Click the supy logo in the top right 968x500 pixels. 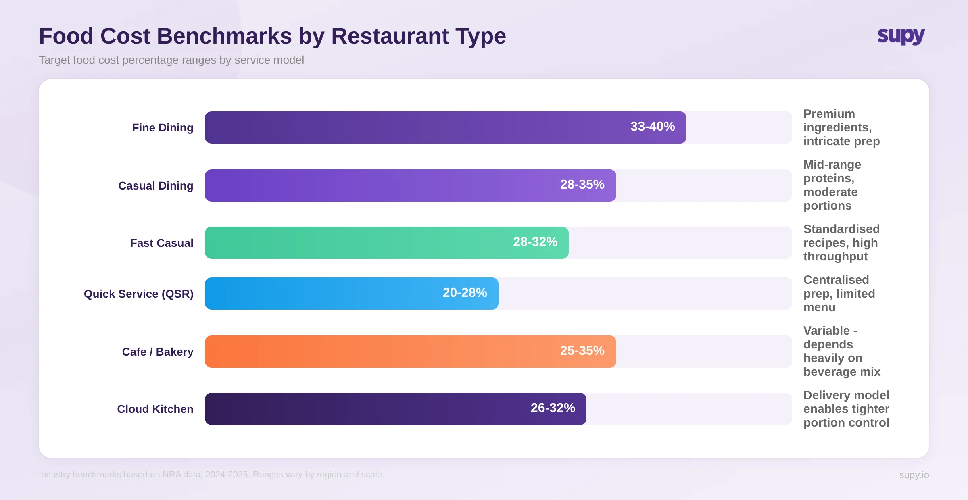(x=901, y=36)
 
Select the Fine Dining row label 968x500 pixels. (x=163, y=128)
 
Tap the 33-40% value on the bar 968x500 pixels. (x=652, y=127)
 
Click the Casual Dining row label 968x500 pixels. (x=156, y=186)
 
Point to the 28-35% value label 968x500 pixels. (x=582, y=185)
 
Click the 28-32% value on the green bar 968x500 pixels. (x=535, y=242)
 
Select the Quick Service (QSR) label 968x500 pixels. (x=138, y=294)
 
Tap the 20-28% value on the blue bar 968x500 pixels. (x=465, y=293)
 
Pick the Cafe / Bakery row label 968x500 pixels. (x=158, y=352)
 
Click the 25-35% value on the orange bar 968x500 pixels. (x=582, y=351)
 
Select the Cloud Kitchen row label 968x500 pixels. (x=155, y=409)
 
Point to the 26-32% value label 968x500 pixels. (x=553, y=408)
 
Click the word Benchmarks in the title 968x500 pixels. (x=224, y=36)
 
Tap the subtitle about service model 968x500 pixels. (x=171, y=60)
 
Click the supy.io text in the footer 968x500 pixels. (x=914, y=475)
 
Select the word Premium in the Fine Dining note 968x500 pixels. (x=829, y=114)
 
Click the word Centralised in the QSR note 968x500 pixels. (x=836, y=280)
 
